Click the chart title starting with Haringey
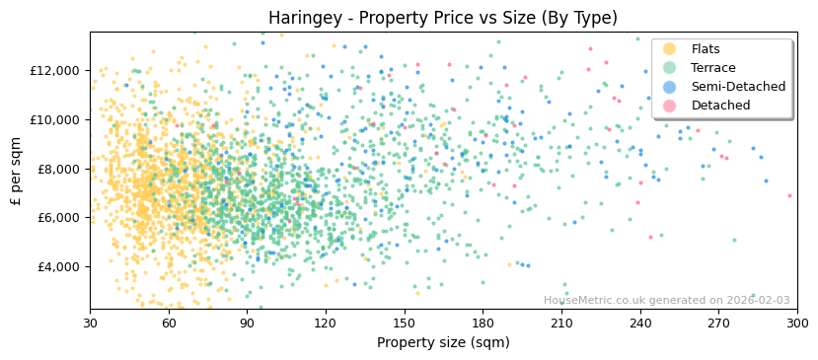[x=443, y=18]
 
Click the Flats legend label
[x=706, y=49]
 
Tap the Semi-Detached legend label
[x=738, y=87]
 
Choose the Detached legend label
[x=720, y=106]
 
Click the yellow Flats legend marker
[x=670, y=49]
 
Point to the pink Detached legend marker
[x=670, y=106]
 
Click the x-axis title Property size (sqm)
[x=443, y=343]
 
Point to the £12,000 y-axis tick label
[x=55, y=71]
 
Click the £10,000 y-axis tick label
[x=55, y=119]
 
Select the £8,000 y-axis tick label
[x=58, y=169]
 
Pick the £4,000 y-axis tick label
[x=58, y=266]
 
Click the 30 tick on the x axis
[x=91, y=323]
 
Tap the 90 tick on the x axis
[x=248, y=323]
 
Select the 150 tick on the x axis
[x=405, y=323]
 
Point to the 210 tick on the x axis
[x=561, y=323]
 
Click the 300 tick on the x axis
[x=797, y=323]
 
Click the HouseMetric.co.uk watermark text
[x=666, y=301]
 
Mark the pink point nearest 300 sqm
[x=789, y=195]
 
